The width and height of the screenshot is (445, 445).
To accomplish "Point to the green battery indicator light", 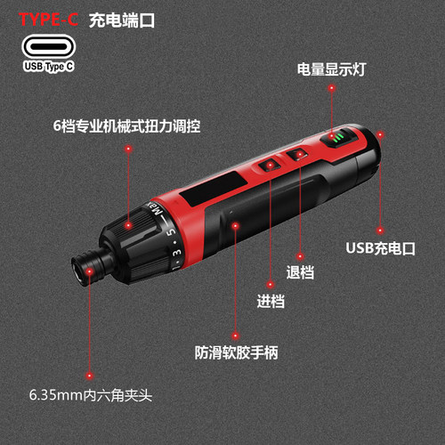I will pyautogui.click(x=340, y=141).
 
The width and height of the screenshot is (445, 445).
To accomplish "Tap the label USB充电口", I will pyautogui.click(x=380, y=248).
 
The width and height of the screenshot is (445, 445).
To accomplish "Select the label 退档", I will pyautogui.click(x=301, y=272).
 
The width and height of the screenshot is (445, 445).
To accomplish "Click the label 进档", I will pyautogui.click(x=271, y=301).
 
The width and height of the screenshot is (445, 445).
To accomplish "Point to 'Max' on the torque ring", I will pyautogui.click(x=157, y=214).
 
